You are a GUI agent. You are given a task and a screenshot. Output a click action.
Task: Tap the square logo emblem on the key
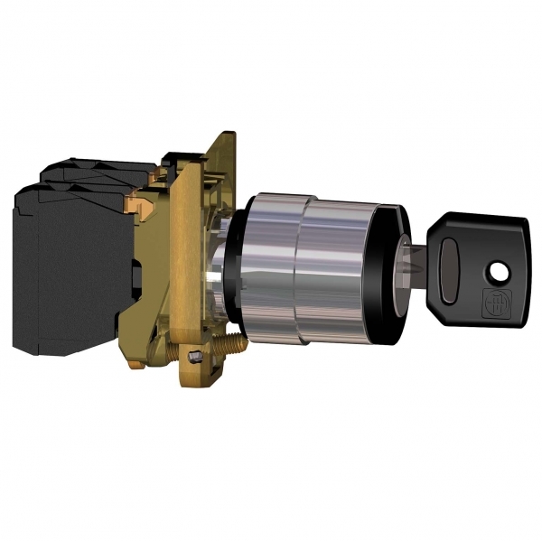[x=495, y=300]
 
